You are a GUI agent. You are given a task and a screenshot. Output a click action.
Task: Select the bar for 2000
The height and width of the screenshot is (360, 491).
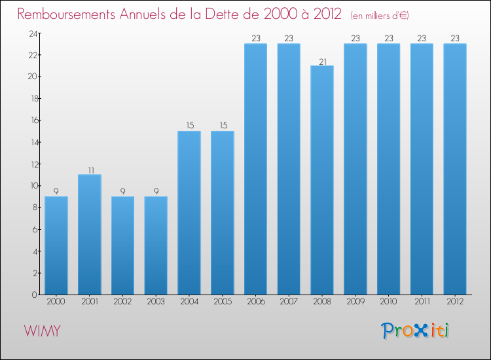coord(56,245)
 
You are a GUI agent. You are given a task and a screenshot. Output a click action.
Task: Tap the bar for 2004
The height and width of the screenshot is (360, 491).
coord(189,213)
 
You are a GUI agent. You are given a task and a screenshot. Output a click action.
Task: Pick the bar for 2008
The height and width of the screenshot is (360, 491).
coord(322,180)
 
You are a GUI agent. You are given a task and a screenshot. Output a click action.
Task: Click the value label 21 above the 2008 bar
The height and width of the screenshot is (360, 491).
coord(322,61)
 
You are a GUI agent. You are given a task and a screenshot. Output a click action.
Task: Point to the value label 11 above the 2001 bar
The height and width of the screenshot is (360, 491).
coord(90,170)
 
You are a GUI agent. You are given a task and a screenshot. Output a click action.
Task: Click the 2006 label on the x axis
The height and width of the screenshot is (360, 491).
coord(255,302)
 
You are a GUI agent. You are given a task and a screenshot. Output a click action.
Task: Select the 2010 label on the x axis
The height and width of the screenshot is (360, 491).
coord(388,302)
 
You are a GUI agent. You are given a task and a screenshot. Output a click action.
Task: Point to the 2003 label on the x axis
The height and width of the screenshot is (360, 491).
coord(156,302)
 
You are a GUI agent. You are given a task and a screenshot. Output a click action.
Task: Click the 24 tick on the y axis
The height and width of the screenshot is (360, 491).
coord(31,33)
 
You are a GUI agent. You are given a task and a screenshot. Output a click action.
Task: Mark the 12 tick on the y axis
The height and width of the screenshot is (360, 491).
coord(31,164)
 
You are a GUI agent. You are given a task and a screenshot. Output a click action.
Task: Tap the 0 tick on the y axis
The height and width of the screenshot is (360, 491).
coord(33,295)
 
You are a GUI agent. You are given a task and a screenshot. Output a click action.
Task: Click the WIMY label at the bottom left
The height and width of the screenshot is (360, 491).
coord(43,331)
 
